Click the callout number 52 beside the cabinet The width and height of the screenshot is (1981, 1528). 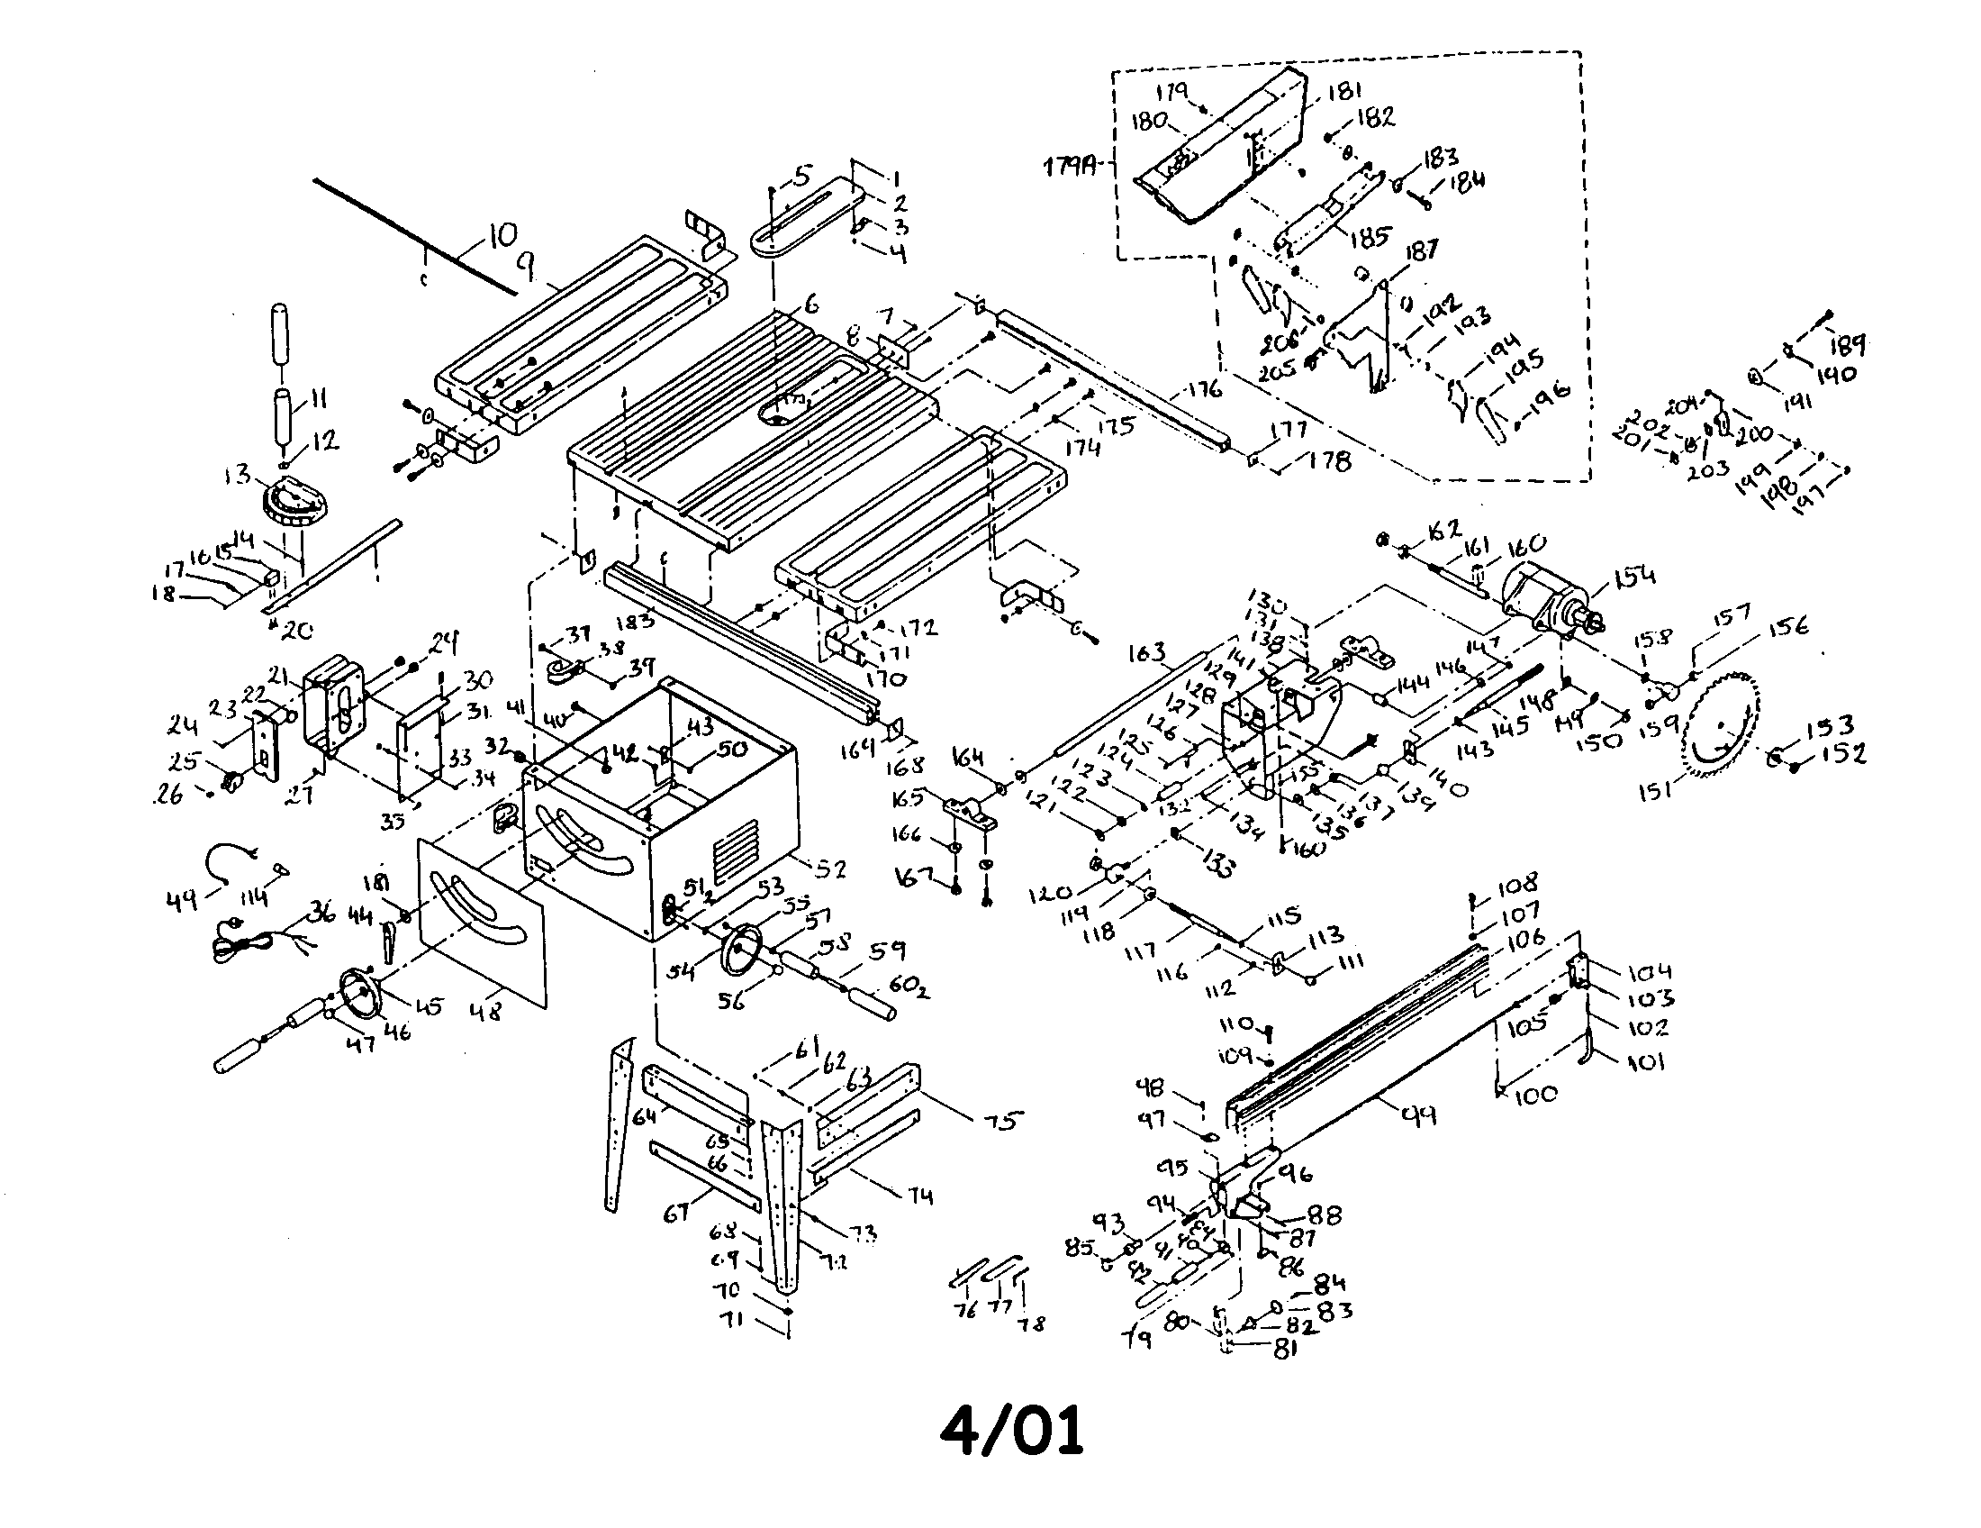(830, 869)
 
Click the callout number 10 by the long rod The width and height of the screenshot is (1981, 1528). (502, 237)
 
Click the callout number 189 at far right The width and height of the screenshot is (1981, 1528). (1848, 345)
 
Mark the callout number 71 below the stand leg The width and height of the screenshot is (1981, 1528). (755, 1320)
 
